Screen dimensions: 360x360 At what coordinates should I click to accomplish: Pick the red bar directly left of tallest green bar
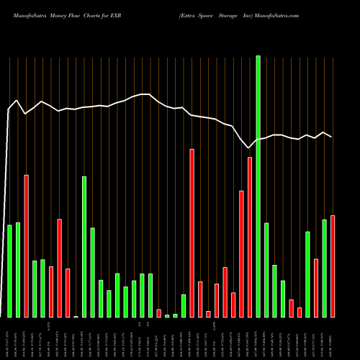[x=250, y=237]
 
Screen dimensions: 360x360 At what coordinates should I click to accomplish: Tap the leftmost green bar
[x=10, y=271]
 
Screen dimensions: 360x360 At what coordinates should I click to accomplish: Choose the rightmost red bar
[x=333, y=266]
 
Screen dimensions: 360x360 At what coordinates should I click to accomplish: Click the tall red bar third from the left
[x=27, y=246]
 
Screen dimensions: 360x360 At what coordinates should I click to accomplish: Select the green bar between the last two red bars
[x=324, y=268]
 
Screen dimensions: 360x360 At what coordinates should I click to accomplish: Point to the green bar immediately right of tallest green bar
[x=266, y=270]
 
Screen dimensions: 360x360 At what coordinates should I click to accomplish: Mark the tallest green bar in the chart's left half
[x=84, y=246]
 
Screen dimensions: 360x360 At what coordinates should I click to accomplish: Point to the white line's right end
[x=331, y=136]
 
